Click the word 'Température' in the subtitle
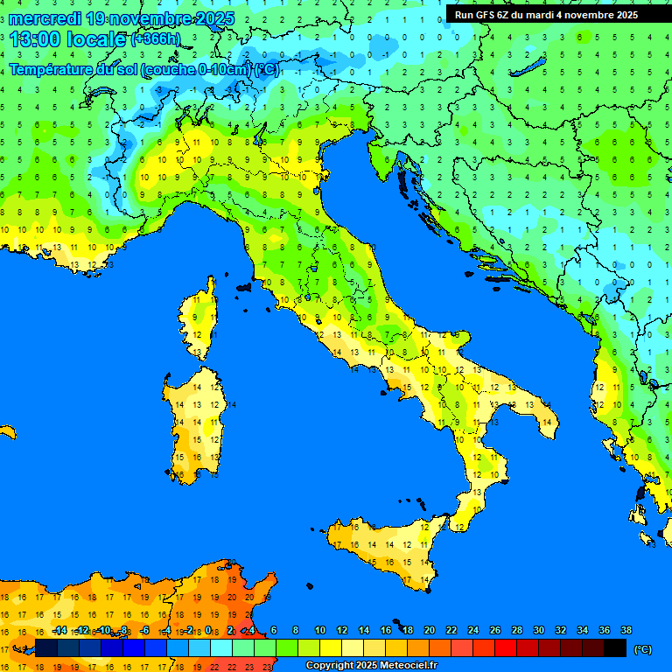pos(52,69)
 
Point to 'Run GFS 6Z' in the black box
pos(484,15)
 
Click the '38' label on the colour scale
pos(626,631)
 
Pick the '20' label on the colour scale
pos(429,631)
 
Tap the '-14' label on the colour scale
pos(59,631)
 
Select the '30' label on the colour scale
pos(538,631)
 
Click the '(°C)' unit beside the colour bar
pos(643,648)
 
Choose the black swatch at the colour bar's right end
pos(615,648)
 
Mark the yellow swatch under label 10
pos(331,648)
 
